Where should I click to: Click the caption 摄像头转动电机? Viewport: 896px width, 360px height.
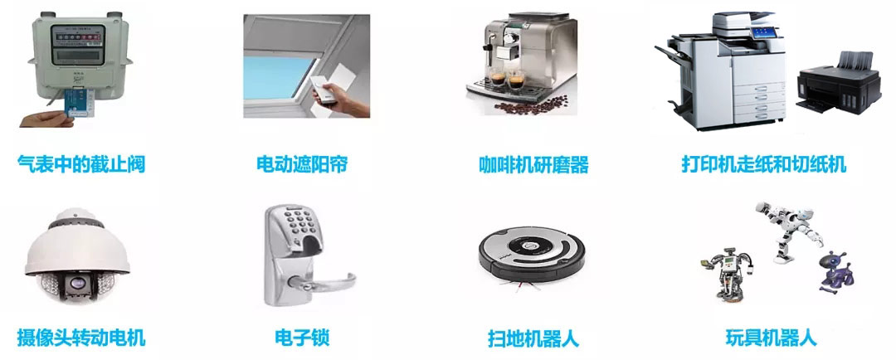(x=81, y=338)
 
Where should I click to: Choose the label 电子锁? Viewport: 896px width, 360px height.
(x=302, y=338)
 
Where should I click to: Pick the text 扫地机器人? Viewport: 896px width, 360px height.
(x=533, y=338)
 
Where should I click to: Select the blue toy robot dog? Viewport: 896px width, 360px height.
(x=834, y=270)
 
